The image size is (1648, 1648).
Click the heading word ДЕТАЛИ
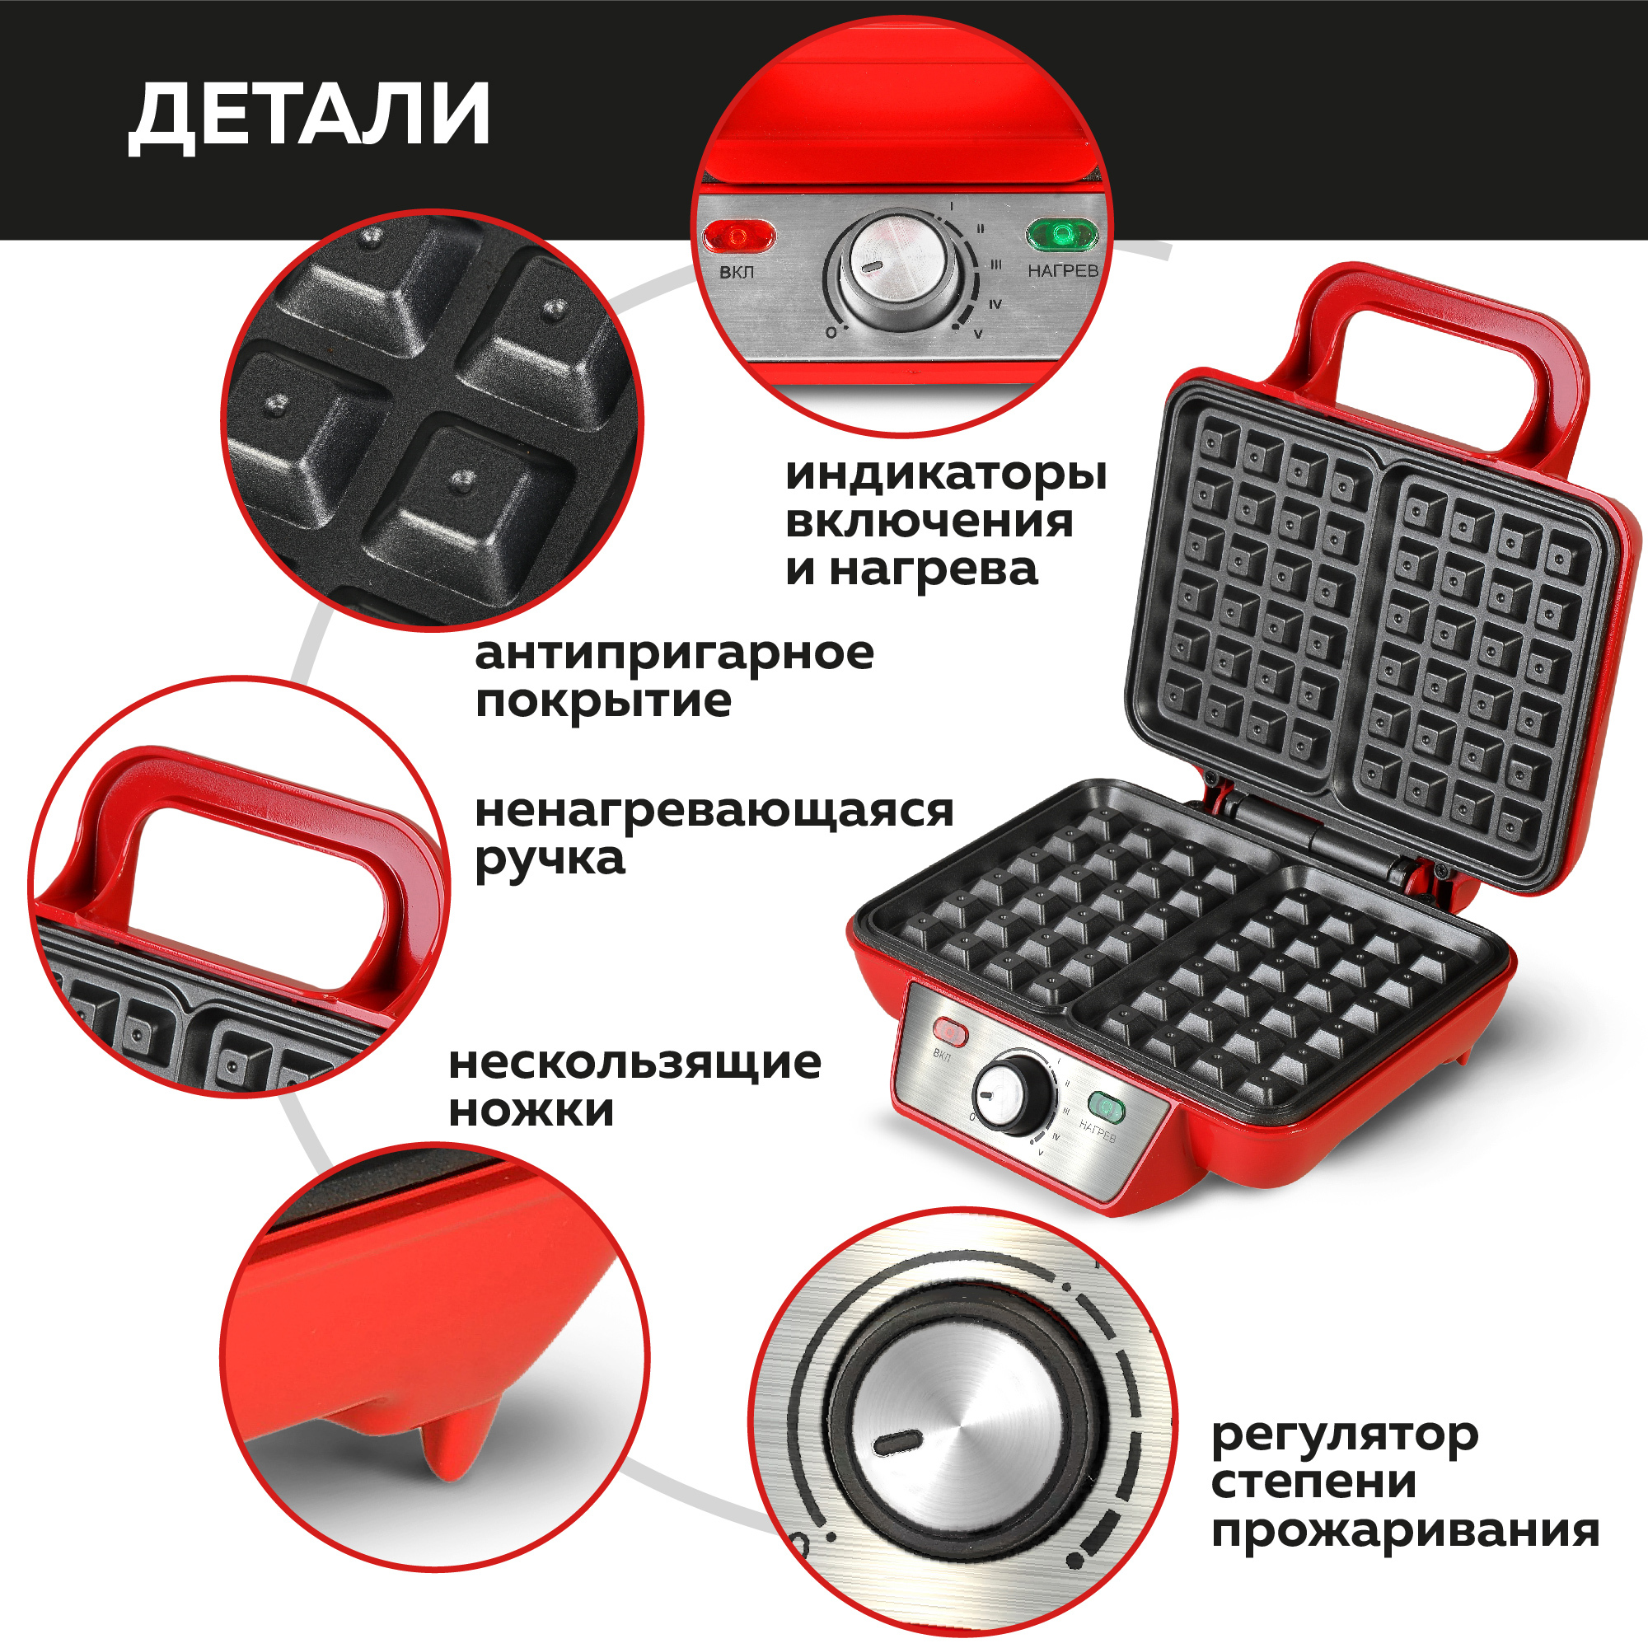click(x=309, y=116)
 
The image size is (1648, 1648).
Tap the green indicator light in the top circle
click(x=1061, y=234)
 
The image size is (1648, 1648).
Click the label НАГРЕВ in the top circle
click(x=1062, y=271)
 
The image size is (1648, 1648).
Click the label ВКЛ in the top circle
click(x=736, y=273)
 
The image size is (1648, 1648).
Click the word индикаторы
click(x=945, y=475)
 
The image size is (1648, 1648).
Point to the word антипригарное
click(x=674, y=653)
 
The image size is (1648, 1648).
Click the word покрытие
click(x=603, y=701)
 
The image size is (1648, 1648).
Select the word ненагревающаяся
click(x=713, y=810)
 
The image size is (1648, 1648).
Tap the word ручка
click(x=550, y=858)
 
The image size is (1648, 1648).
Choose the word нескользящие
click(x=634, y=1063)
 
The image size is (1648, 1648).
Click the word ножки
click(x=531, y=1111)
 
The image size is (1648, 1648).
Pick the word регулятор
click(x=1344, y=1436)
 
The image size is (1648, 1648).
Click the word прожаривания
click(x=1404, y=1530)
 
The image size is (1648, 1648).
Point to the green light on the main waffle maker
click(x=1107, y=1107)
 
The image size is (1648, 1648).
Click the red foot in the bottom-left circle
click(x=451, y=1450)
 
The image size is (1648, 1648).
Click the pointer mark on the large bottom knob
click(x=897, y=1441)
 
